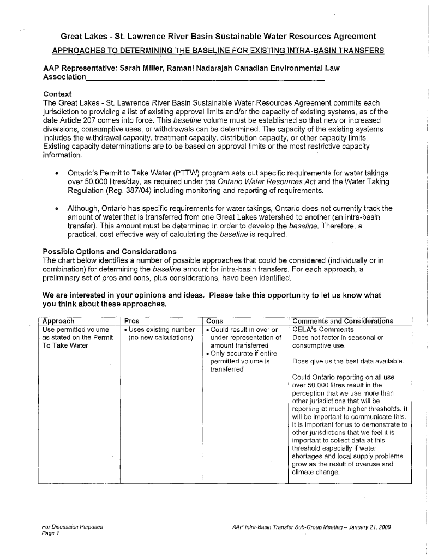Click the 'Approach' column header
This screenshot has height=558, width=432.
click(x=58, y=321)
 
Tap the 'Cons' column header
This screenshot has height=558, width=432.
click(x=215, y=321)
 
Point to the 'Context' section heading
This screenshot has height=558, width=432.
click(x=57, y=94)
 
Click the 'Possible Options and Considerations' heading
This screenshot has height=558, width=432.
click(x=109, y=251)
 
